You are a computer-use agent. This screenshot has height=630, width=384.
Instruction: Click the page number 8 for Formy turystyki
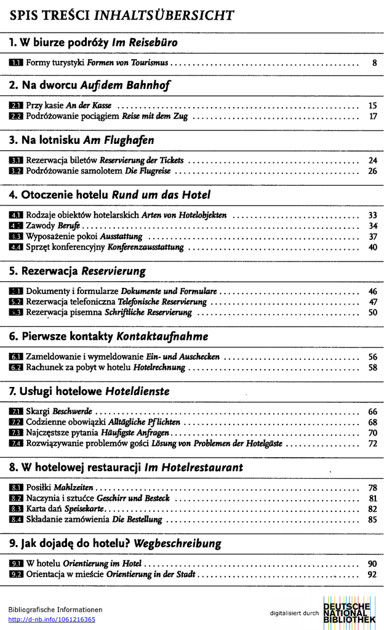[x=374, y=63]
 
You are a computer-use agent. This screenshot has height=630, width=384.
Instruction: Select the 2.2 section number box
[x=17, y=116]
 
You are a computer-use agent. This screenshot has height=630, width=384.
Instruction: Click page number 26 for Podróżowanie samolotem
[x=372, y=171]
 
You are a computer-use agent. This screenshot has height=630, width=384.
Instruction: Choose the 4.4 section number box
[x=17, y=247]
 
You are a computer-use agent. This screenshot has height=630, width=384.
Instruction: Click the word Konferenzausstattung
[x=146, y=247]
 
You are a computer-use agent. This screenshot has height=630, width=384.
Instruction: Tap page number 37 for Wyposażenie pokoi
[x=372, y=236]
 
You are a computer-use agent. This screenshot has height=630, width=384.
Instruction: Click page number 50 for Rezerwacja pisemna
[x=372, y=313]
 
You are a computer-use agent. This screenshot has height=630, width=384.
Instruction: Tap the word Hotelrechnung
[x=159, y=367]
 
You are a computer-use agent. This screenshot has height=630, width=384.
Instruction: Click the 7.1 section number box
[x=17, y=411]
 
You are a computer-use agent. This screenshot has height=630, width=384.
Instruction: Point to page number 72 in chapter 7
[x=372, y=444]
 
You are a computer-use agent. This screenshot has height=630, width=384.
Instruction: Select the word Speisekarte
[x=86, y=509]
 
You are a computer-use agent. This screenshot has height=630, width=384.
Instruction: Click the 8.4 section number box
[x=17, y=519]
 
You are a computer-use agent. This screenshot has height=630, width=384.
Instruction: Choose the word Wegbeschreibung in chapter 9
[x=177, y=544]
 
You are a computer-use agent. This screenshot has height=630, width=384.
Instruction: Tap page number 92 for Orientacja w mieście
[x=372, y=575]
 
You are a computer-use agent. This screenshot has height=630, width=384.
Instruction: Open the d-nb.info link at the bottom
[x=52, y=620]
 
